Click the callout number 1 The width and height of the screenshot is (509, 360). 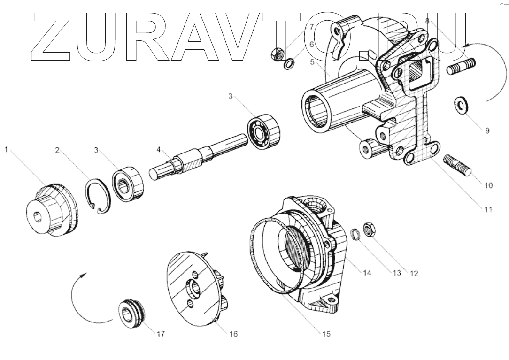7,150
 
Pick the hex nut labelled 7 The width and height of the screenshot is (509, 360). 277,54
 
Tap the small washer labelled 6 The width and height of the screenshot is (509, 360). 290,62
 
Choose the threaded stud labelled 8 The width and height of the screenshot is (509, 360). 461,66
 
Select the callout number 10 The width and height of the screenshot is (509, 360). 488,185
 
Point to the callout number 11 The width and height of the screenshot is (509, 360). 488,209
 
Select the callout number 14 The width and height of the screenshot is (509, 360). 367,272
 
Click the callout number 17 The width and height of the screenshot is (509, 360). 161,334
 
